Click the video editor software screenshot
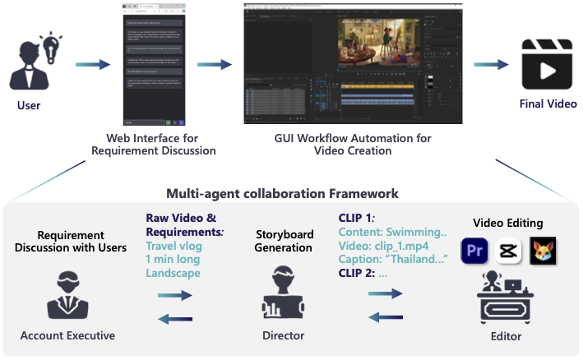[x=354, y=63]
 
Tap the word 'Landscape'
[x=174, y=273]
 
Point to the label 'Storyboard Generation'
[x=283, y=240]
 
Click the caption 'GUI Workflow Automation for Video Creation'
[x=353, y=145]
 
